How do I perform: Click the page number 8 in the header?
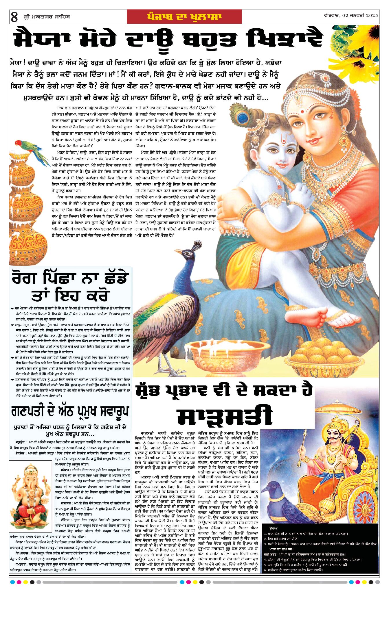tap(14, 17)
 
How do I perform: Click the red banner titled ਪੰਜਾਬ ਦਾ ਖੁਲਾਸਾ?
tap(184, 17)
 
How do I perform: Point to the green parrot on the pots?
tap(30, 150)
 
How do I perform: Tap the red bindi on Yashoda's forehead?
tap(302, 111)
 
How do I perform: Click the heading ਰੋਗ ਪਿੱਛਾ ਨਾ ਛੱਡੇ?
tap(69, 278)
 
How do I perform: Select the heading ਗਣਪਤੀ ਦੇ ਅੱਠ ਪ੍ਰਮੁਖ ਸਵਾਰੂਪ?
tap(70, 411)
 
